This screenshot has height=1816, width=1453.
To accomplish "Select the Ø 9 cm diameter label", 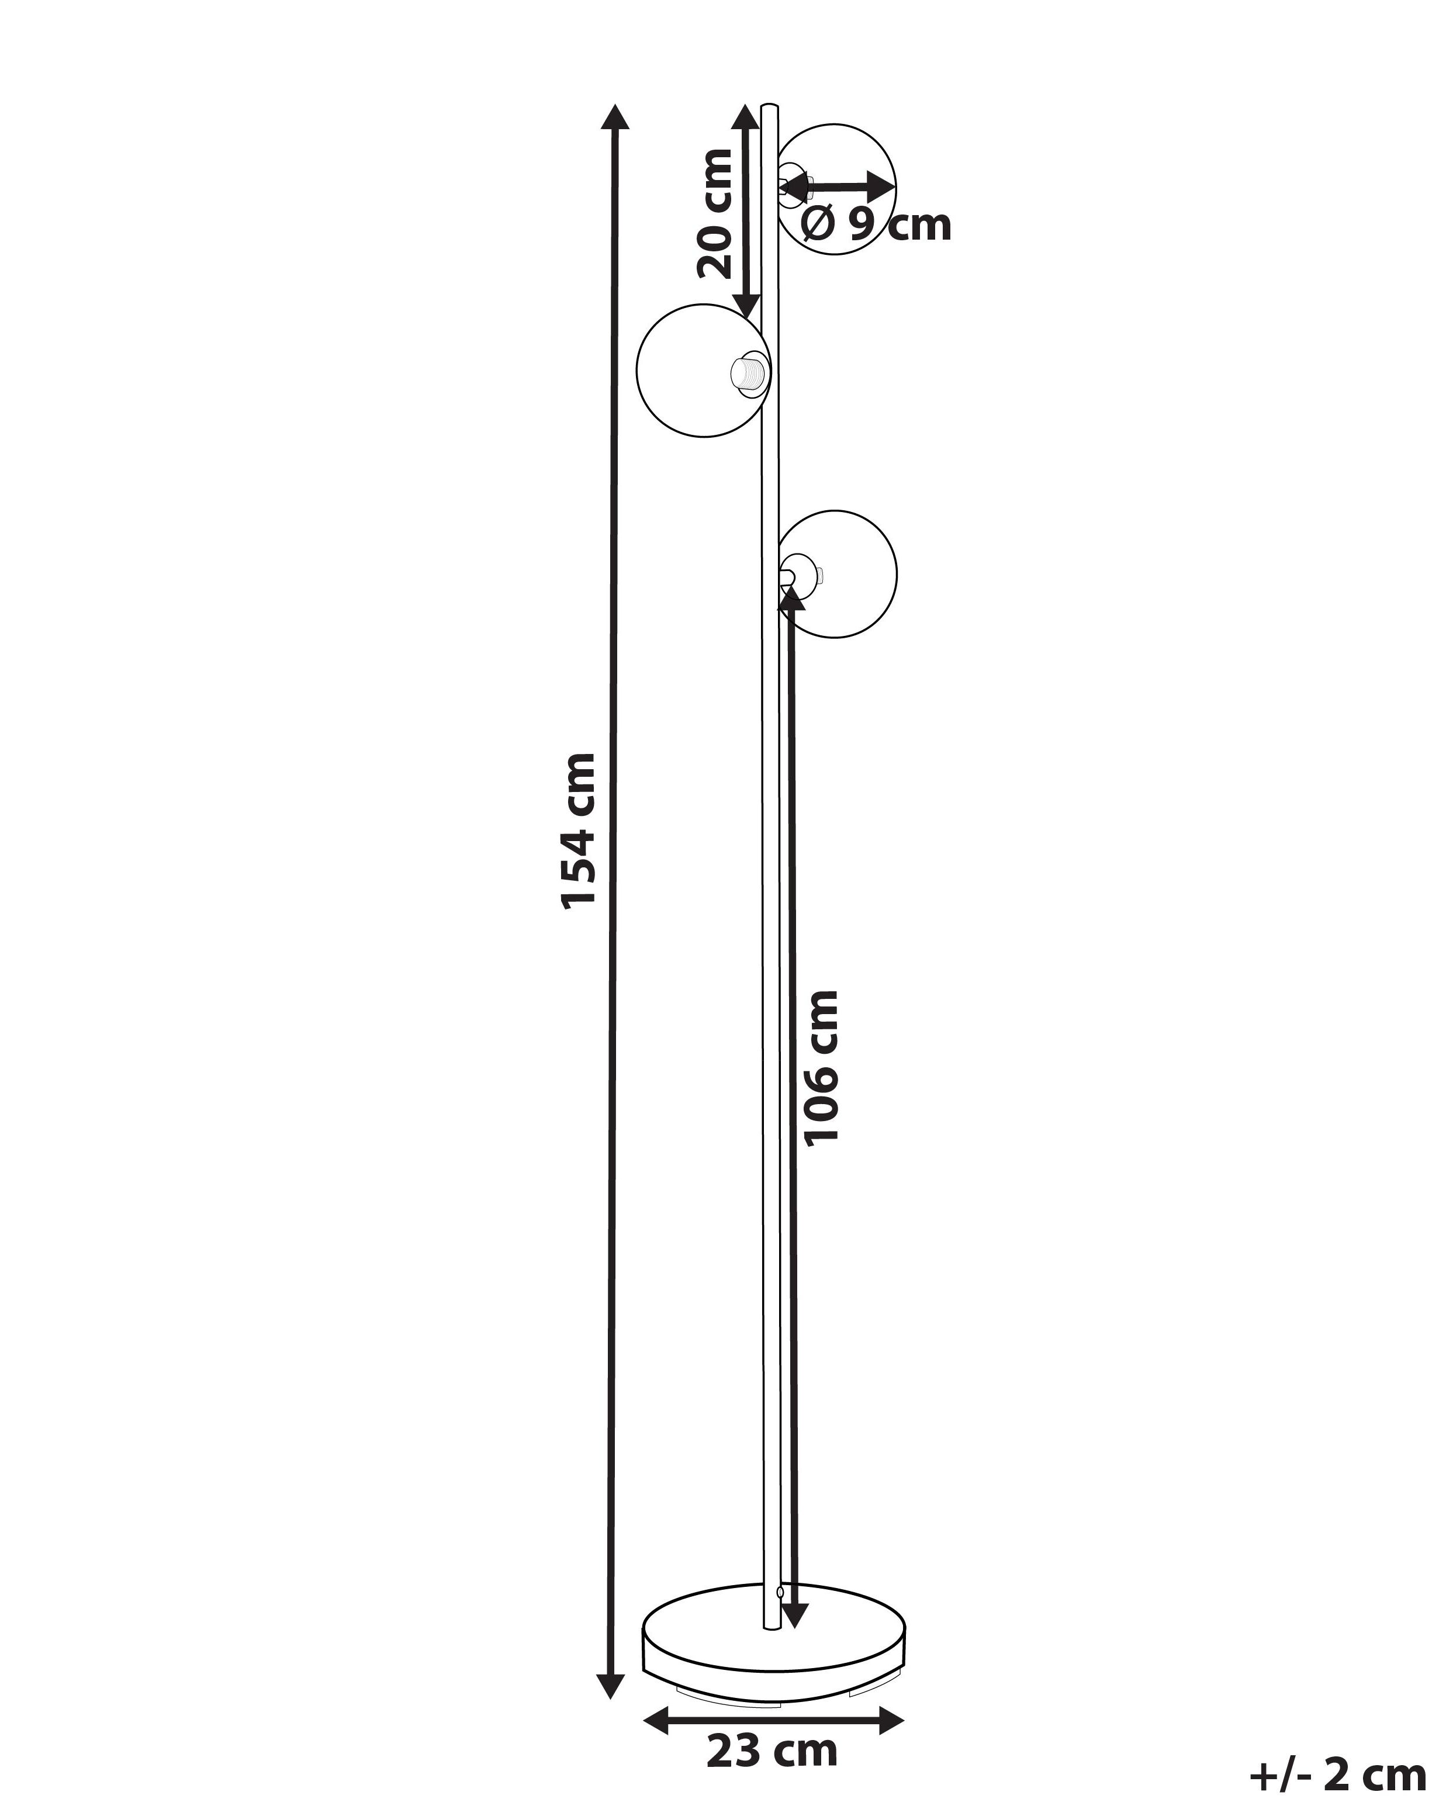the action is pos(876,225).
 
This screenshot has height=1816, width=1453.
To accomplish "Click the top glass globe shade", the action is pos(836,189).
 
